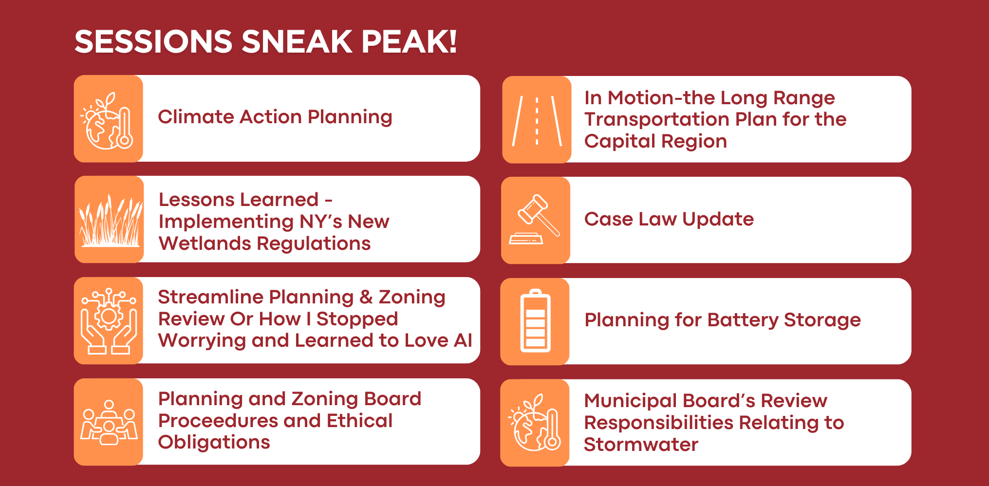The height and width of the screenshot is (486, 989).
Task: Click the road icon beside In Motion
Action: (537, 120)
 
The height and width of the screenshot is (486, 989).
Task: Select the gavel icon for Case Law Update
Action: (535, 220)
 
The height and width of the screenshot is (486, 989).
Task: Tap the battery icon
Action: (535, 321)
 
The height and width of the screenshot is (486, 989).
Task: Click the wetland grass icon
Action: (111, 220)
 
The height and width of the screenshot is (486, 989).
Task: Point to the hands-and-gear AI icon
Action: (109, 320)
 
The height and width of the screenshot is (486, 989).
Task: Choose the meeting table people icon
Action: (109, 422)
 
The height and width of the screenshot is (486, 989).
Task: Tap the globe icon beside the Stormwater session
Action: (535, 423)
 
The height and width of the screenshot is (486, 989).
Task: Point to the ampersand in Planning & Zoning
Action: (366, 297)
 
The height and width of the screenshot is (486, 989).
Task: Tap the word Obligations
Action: (214, 443)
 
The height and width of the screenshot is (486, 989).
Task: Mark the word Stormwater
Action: (641, 445)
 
